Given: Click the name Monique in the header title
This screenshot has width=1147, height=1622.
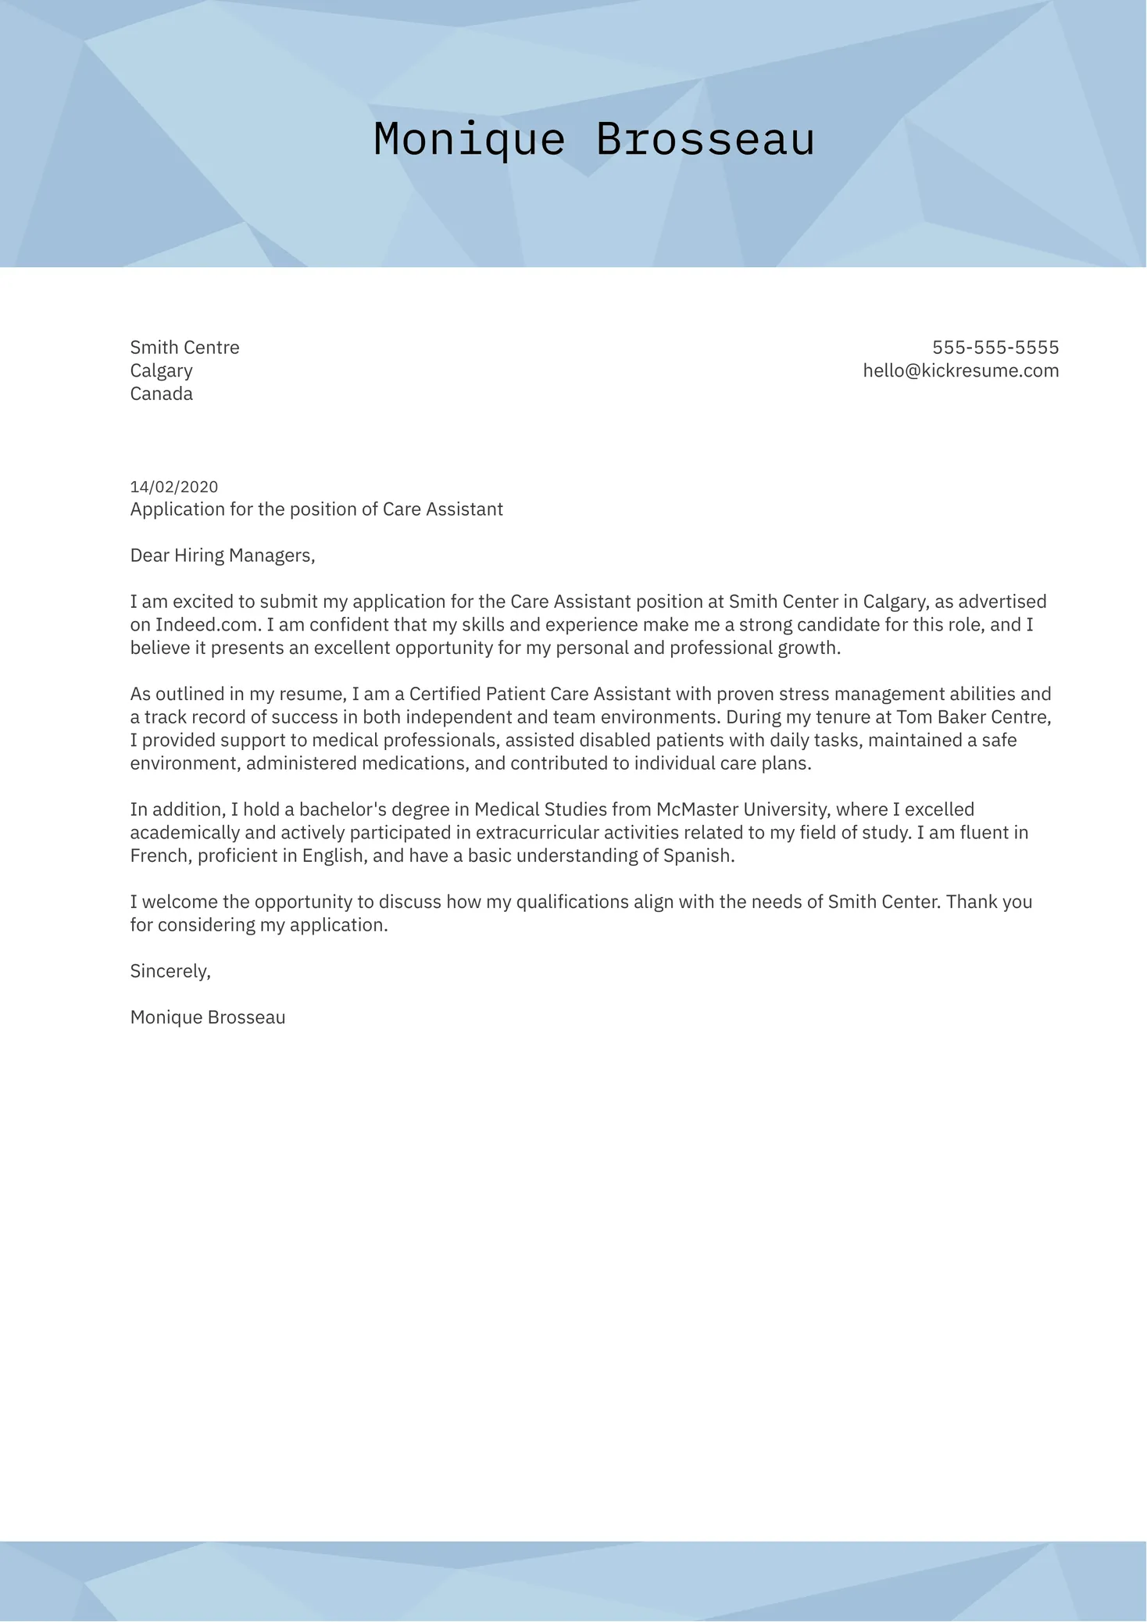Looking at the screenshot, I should point(469,141).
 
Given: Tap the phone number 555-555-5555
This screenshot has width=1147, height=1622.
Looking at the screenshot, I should point(995,348).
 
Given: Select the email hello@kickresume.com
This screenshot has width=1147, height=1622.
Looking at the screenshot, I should point(960,371).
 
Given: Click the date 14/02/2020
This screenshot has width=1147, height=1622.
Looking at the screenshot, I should point(174,487).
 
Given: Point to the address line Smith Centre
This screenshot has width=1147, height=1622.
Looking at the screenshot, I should point(184,348).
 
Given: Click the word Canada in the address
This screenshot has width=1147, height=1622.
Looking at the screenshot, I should point(161,394).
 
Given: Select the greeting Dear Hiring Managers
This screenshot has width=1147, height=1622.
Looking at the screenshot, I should point(222,556).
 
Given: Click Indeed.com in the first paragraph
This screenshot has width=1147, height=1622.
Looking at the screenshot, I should point(206,625).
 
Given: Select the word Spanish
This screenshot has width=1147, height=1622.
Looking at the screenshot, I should point(698,856).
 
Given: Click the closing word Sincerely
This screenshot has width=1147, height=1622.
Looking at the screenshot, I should point(170,971).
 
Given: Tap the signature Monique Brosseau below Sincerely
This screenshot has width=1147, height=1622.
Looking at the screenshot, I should point(208,1017).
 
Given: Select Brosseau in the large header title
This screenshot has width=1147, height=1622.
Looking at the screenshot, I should point(705,141).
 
